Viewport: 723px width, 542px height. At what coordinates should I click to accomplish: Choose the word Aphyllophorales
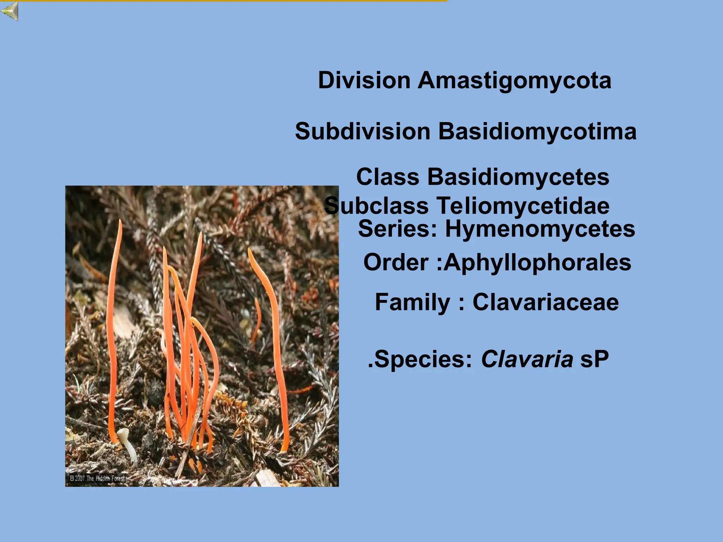(x=537, y=263)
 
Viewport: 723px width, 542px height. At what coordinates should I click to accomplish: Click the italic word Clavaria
(x=527, y=359)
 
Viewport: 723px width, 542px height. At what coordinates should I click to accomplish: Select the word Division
(x=364, y=80)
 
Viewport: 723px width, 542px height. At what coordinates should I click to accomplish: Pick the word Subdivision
(x=363, y=132)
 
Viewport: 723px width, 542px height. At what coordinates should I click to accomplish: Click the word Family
(x=412, y=302)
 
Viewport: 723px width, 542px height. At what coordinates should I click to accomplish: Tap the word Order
(x=396, y=263)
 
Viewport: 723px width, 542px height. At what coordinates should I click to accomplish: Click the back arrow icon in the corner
(x=10, y=11)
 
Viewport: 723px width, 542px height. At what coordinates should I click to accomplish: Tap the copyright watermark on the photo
(x=97, y=478)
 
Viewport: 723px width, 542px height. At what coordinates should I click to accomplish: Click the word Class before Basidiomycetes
(x=388, y=177)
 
